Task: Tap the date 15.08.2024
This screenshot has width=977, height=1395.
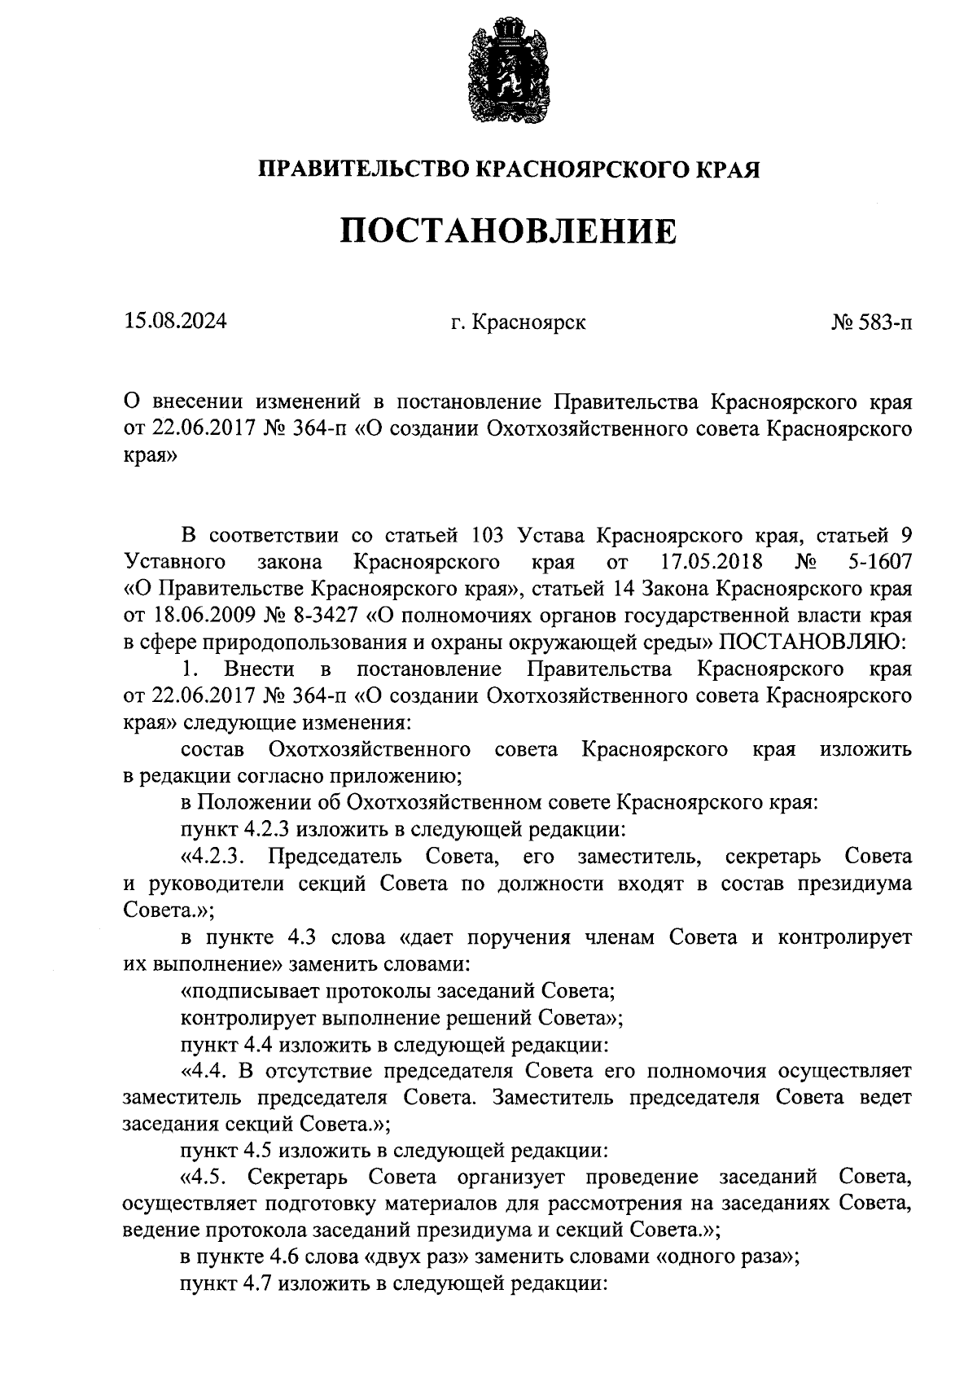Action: (175, 322)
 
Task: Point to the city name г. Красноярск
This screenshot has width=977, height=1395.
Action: (518, 322)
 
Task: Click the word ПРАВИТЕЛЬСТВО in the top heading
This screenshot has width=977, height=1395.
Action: (363, 169)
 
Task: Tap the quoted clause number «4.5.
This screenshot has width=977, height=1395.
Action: (207, 1177)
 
